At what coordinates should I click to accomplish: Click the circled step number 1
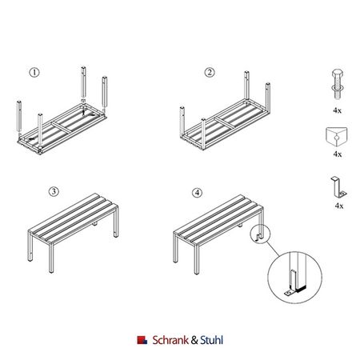coord(34,72)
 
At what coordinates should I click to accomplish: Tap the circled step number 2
coord(210,72)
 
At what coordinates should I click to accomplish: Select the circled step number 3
coord(54,191)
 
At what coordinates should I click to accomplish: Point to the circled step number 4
coord(197,193)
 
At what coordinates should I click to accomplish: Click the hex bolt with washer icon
coord(338,84)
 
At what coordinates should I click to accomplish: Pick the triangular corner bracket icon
coord(337,137)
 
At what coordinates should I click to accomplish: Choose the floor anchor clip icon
coord(338,187)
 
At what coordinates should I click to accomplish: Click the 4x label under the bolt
coord(337,110)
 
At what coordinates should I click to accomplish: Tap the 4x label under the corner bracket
coord(337,154)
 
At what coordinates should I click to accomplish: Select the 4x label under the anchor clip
coord(339,206)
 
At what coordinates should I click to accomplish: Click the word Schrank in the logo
coord(170,340)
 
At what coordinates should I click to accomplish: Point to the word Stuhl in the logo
coord(211,340)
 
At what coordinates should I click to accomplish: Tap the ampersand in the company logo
coord(194,340)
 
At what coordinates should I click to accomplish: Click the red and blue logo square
coord(142,340)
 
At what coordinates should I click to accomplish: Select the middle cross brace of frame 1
coord(62,127)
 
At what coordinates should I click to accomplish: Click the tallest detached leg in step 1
coord(83,82)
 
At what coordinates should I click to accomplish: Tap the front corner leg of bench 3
coord(50,258)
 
